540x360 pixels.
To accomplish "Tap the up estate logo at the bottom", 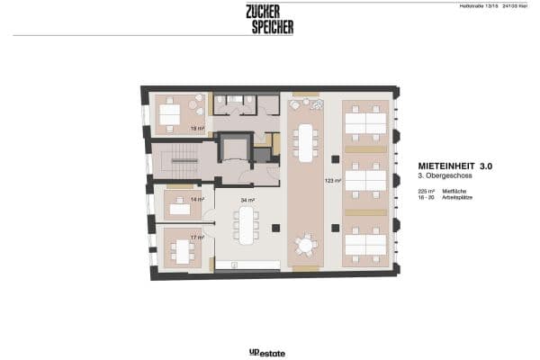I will tap(267, 353).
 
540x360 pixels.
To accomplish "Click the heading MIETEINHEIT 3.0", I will tap(456, 166).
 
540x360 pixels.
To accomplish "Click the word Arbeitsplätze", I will tap(457, 199).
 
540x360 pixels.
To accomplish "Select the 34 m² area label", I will tap(247, 200).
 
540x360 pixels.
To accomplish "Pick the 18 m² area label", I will tap(196, 129).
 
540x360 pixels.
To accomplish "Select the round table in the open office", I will tap(306, 244).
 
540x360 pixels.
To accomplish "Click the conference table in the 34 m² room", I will tap(246, 225).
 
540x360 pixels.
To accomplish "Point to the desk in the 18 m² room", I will tap(170, 114).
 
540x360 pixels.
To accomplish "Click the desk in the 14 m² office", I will tap(180, 210).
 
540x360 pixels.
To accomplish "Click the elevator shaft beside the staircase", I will tap(237, 148).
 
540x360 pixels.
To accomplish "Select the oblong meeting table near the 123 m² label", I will tap(306, 141).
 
